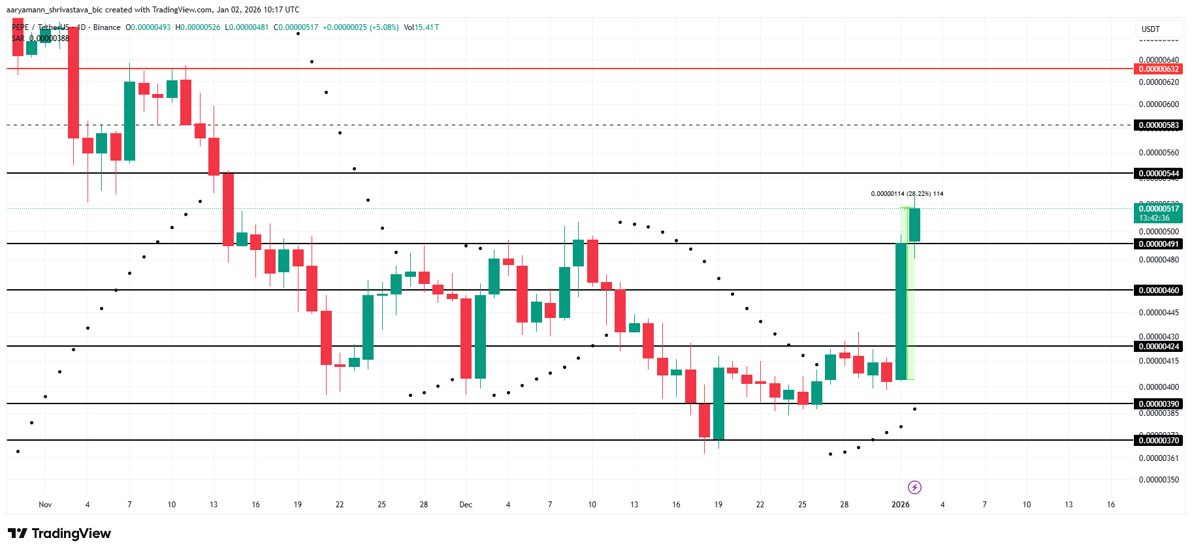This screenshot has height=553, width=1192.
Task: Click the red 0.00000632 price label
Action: pos(1159,69)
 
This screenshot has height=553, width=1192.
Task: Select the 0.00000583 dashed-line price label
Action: pos(1159,125)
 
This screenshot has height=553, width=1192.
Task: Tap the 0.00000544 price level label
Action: pos(1159,174)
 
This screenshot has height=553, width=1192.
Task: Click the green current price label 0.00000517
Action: pos(1159,209)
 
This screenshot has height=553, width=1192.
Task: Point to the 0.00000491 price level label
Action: pos(1159,244)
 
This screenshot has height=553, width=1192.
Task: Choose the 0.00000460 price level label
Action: pos(1159,291)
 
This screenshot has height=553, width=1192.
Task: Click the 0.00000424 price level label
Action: pos(1159,347)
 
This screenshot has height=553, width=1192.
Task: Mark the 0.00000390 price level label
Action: pos(1159,404)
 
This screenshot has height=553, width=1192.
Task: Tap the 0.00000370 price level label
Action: pos(1159,441)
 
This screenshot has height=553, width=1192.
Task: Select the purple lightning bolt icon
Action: pos(914,487)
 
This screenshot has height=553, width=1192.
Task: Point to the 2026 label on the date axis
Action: pos(901,505)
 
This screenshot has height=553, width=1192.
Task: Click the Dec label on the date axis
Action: pos(466,505)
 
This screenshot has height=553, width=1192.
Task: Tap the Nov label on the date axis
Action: pos(45,505)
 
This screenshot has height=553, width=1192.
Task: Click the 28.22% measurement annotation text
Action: pos(907,194)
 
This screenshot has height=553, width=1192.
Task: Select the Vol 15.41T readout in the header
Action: pos(421,27)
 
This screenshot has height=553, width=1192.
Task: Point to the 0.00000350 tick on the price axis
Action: pos(1159,480)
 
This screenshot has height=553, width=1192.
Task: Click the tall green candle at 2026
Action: pos(901,311)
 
